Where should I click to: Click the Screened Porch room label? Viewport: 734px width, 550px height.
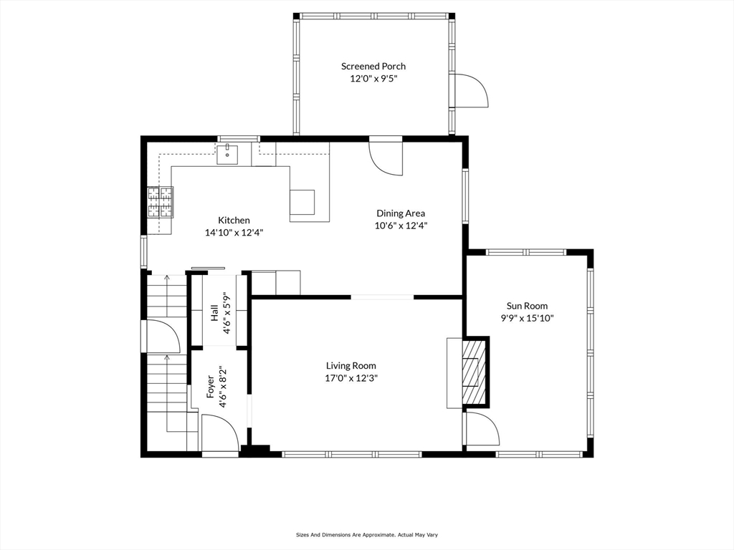point(373,67)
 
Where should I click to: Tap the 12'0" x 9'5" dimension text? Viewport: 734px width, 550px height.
point(373,79)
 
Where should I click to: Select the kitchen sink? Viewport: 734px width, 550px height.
point(227,153)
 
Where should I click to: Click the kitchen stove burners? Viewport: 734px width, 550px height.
point(160,201)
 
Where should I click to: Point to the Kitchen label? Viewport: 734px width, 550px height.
point(234,221)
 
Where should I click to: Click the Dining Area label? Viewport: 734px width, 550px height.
point(401,213)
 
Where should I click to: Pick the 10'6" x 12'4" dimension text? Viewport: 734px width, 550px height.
point(401,226)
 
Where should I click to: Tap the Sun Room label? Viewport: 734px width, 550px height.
point(527,306)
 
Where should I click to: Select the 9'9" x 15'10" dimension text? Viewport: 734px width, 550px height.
point(527,318)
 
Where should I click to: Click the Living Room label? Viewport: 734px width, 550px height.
point(351,366)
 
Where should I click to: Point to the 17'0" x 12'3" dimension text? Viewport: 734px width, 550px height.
point(351,378)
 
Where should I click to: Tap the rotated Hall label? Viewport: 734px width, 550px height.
point(214,312)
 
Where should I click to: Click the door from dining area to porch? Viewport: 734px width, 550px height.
point(386,157)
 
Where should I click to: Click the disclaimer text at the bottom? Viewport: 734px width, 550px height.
point(366,534)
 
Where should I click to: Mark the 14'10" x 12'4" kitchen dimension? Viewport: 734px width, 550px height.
point(234,233)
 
